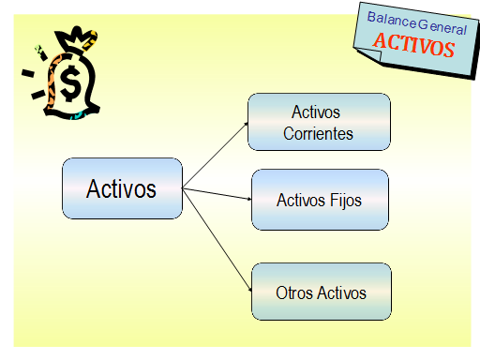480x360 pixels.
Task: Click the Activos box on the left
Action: coord(122,188)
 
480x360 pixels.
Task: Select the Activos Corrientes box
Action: coord(319,122)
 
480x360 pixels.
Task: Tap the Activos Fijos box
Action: coord(319,200)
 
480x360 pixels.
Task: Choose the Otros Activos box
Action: coord(321,292)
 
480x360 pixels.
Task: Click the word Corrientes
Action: coord(319,134)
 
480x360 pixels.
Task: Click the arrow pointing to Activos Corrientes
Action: coord(216,154)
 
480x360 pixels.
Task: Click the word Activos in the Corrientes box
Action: coord(316,112)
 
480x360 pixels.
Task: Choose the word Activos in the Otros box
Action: coord(342,293)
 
